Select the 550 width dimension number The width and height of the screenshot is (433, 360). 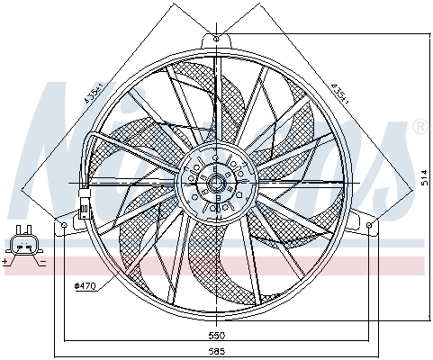coord(217,334)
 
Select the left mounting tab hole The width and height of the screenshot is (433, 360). coord(65,221)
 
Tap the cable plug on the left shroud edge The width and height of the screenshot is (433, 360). coord(85,206)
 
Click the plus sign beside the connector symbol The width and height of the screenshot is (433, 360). coord(7,261)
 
